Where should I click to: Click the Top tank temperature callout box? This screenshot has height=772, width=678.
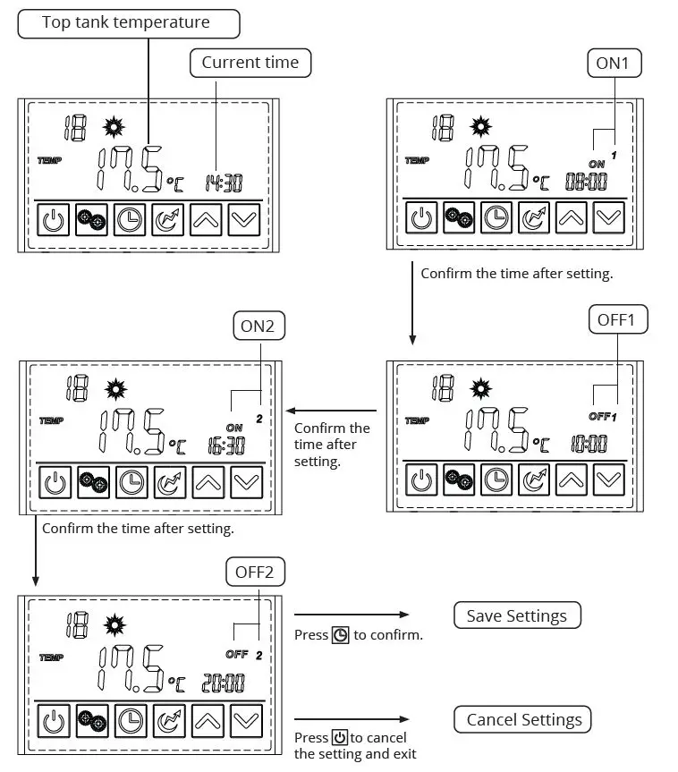[x=129, y=23]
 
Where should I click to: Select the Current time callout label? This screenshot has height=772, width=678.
[x=250, y=63]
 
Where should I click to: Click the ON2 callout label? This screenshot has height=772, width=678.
[x=258, y=326]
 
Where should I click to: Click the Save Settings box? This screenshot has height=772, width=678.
[x=516, y=615]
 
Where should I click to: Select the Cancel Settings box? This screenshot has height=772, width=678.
[x=523, y=719]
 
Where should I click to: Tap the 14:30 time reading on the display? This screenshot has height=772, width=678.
[x=225, y=183]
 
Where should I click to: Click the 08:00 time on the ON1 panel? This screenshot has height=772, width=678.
[x=586, y=182]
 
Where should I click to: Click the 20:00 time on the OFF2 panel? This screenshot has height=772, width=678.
[x=223, y=684]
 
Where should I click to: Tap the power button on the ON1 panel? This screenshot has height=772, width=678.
[x=420, y=216]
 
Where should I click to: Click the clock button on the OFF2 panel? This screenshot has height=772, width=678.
[x=131, y=720]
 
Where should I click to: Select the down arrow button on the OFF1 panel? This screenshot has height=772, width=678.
[x=609, y=479]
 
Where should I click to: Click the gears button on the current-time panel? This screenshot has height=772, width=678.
[x=91, y=219]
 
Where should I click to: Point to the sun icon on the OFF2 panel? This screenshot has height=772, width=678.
[x=116, y=624]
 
